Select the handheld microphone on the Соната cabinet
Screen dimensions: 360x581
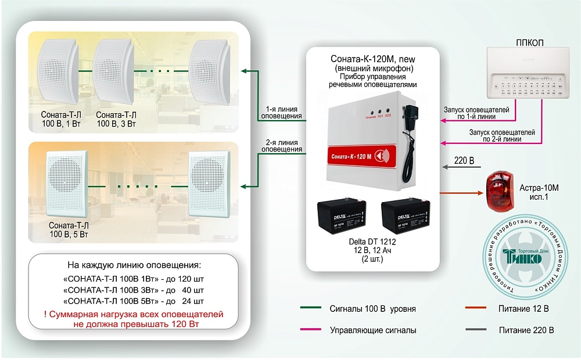(412, 116)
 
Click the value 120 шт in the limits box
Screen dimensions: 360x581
(192, 279)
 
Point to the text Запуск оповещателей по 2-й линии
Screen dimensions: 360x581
(502, 136)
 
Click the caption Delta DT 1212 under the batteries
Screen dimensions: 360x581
(370, 242)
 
